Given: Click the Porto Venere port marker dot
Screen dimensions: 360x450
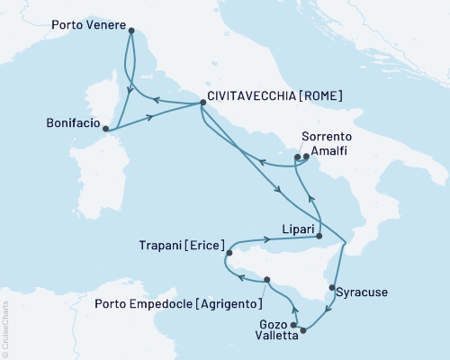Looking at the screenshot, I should (131, 31).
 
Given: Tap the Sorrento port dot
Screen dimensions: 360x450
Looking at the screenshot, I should (297, 157).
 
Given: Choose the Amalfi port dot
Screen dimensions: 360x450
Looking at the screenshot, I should (307, 157).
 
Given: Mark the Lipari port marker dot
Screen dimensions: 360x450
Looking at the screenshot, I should (319, 237).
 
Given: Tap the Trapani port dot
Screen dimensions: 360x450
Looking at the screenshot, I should (229, 253).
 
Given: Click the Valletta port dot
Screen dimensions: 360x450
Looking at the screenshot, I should (302, 330).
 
